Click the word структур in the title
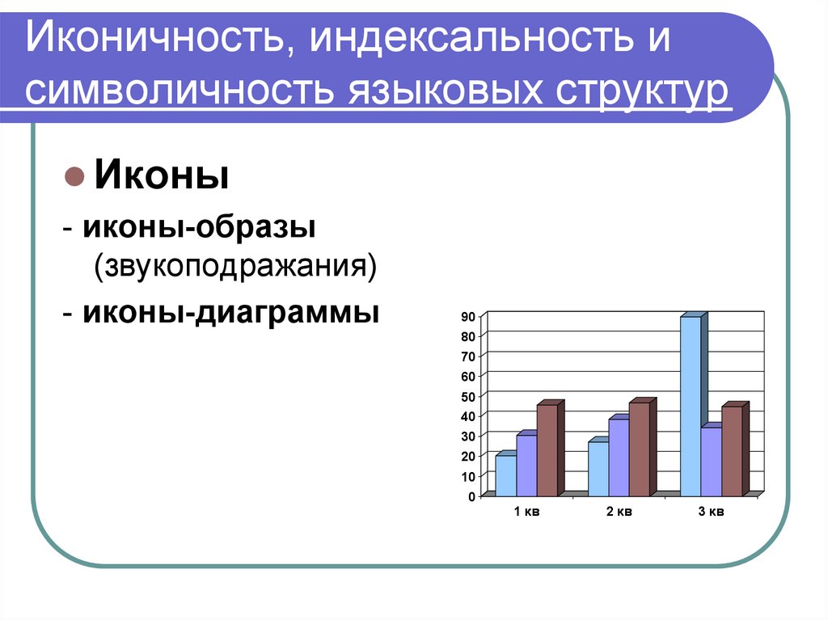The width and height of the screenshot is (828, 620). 640,90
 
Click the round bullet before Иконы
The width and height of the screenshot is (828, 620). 74,175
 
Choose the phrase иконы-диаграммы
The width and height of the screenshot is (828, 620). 230,311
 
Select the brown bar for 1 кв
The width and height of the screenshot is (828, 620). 547,450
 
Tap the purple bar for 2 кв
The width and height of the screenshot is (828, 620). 619,457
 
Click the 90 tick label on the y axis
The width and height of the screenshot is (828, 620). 468,316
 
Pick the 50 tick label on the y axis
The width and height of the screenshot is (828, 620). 468,396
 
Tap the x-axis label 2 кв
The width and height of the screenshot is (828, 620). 619,512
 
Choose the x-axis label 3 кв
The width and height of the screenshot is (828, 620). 711,512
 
